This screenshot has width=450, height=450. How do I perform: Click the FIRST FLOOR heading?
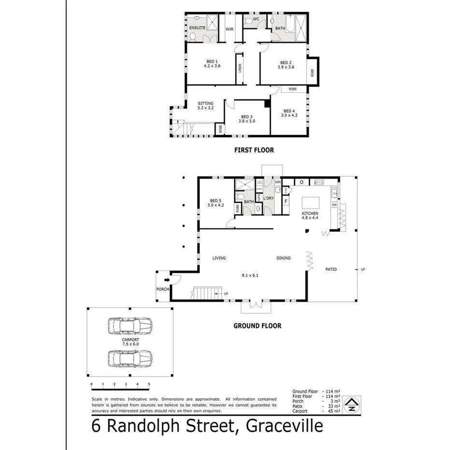coord(254,150)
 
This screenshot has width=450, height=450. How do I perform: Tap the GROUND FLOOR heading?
coord(257,326)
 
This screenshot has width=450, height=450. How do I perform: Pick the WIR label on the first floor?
coord(230,29)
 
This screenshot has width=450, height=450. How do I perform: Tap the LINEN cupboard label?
coord(239,68)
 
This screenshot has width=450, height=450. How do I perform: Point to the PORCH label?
coord(162,289)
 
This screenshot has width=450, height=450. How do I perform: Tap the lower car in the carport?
coord(130,359)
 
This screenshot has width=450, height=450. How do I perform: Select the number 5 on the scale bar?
coord(149,384)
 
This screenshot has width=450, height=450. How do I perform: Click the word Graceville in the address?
coord(284,426)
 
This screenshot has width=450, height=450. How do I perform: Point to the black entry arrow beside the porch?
coord(167,279)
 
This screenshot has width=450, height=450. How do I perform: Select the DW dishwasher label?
coord(334,205)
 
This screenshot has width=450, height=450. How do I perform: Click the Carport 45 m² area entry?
coord(316,411)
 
